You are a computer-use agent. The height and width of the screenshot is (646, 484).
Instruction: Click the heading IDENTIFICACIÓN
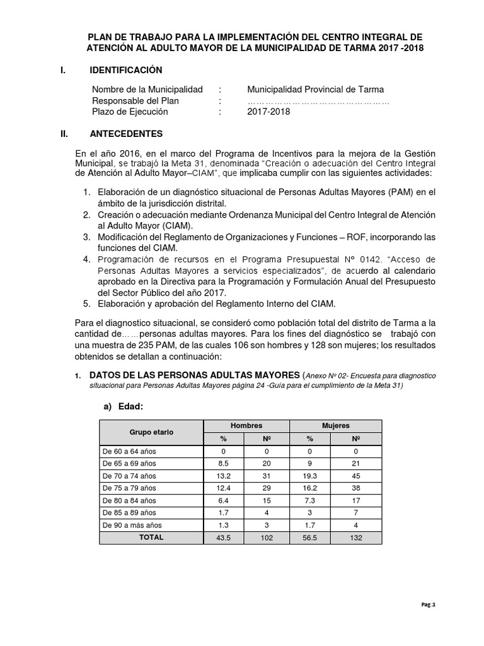click(x=126, y=70)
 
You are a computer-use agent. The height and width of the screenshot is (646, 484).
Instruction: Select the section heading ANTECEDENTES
click(x=126, y=134)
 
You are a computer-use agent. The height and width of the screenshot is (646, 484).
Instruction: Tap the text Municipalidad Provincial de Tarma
click(x=315, y=90)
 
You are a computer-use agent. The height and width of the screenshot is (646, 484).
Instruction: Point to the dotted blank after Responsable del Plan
click(x=318, y=101)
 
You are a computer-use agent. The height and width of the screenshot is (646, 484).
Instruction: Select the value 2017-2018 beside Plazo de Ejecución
click(x=269, y=112)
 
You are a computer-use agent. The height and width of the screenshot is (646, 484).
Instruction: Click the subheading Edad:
click(x=132, y=408)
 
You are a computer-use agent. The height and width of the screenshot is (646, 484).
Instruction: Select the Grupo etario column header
click(x=151, y=432)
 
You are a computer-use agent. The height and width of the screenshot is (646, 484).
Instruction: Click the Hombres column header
click(x=246, y=426)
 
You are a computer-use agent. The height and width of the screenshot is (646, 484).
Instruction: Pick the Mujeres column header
click(x=335, y=426)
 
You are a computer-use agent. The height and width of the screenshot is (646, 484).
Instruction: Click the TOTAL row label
click(x=151, y=537)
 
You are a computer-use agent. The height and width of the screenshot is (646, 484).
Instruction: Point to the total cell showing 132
click(x=356, y=537)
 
